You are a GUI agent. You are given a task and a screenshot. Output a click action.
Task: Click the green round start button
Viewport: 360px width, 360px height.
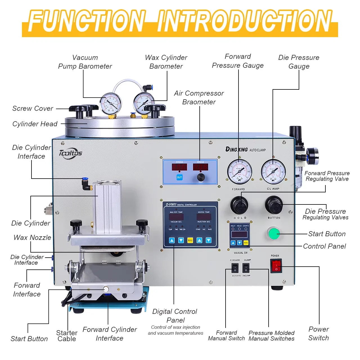(x=274, y=233)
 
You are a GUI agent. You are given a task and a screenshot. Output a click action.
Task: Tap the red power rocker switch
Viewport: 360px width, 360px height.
(x=276, y=266)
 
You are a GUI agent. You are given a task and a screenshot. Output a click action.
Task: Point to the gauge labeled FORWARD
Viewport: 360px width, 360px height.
(x=239, y=172)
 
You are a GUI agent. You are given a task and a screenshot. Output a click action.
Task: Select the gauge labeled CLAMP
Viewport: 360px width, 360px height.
(x=273, y=172)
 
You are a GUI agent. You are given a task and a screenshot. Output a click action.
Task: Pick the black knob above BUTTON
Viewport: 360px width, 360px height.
(x=274, y=205)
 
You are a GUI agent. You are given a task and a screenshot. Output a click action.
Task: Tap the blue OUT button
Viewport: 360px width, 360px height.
(x=179, y=177)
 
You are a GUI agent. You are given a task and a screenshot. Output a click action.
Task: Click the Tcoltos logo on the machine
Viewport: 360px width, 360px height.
(x=70, y=153)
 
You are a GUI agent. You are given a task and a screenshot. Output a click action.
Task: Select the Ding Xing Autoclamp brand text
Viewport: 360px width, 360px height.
(x=245, y=149)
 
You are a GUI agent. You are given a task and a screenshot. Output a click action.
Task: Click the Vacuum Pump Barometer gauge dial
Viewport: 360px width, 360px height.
(x=111, y=103)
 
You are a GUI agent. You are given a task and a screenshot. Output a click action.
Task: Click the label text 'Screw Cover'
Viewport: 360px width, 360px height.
(x=33, y=109)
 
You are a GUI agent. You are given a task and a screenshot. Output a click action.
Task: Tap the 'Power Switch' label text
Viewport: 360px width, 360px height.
(x=318, y=334)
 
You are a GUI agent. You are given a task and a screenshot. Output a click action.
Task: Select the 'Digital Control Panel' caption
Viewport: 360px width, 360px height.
(x=175, y=316)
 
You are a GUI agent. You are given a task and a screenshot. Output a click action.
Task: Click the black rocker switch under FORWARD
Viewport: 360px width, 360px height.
(x=235, y=268)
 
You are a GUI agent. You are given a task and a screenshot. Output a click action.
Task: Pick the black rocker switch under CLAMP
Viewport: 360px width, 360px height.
(x=246, y=268)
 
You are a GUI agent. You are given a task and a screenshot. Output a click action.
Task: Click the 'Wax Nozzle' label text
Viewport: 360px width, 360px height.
(x=32, y=238)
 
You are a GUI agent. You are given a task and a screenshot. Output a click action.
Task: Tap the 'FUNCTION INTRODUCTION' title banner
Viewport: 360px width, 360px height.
(x=180, y=22)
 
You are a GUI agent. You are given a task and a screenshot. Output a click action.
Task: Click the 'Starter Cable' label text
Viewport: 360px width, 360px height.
(x=67, y=336)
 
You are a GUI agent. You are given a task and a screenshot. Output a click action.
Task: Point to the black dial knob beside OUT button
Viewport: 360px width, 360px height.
(x=201, y=177)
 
